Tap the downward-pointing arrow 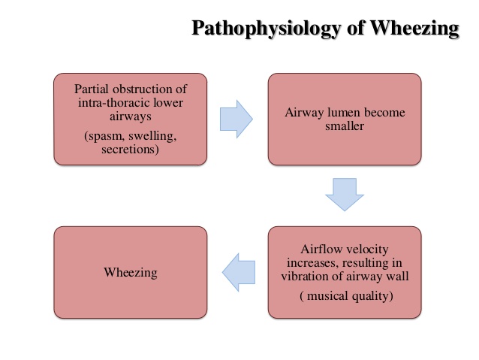(345, 193)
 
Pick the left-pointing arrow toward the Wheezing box (239, 271)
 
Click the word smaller (345, 126)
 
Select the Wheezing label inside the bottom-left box (131, 272)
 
